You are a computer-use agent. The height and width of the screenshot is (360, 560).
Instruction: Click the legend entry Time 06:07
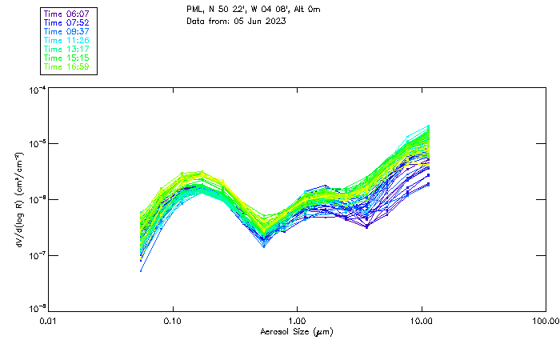point(68,14)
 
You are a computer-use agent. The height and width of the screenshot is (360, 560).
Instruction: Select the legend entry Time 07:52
point(68,23)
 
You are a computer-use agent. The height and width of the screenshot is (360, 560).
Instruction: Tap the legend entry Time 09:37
point(68,32)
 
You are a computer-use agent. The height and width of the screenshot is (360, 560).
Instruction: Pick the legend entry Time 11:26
point(68,41)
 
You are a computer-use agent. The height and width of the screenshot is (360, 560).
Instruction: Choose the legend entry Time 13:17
point(68,50)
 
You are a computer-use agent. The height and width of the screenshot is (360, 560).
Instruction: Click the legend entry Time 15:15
point(68,58)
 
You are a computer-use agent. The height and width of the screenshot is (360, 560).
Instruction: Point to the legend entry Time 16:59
point(68,67)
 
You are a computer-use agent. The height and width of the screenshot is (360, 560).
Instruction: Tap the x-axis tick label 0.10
point(173,321)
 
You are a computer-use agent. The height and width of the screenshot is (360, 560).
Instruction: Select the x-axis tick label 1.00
point(298,321)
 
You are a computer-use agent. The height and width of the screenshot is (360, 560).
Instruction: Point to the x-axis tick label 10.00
point(422,321)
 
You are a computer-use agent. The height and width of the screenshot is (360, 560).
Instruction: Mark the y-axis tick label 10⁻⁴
point(37,91)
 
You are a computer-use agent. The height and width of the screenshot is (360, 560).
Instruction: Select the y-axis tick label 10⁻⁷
point(37,255)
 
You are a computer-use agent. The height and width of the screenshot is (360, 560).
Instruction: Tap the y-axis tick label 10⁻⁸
point(37,308)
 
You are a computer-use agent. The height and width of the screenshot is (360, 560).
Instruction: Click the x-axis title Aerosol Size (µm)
point(297,331)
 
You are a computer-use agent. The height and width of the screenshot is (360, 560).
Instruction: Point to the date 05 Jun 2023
point(261,21)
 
